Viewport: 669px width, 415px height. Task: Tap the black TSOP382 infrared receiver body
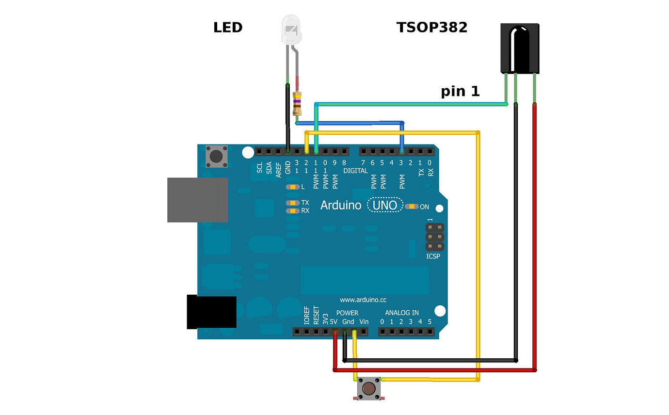[x=519, y=48]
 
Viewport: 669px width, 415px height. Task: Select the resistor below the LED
[x=298, y=103]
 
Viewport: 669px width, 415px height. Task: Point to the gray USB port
[x=197, y=200]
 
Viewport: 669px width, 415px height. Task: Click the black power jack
[x=212, y=312]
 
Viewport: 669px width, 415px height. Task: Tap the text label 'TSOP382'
[x=432, y=28]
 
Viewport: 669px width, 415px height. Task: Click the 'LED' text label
[x=227, y=28]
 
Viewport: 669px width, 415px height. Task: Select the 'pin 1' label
[x=460, y=91]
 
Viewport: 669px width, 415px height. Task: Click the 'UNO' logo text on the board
[x=385, y=206]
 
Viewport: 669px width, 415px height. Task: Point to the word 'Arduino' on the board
[x=341, y=206]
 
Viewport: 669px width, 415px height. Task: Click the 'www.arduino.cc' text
[x=363, y=300]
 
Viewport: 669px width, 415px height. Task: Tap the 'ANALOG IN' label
[x=402, y=313]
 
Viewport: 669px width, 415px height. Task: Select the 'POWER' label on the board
[x=347, y=313]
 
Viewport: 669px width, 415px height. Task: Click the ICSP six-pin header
[x=435, y=237]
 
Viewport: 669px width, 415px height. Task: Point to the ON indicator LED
[x=412, y=207]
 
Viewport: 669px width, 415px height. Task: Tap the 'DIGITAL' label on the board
[x=355, y=171]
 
